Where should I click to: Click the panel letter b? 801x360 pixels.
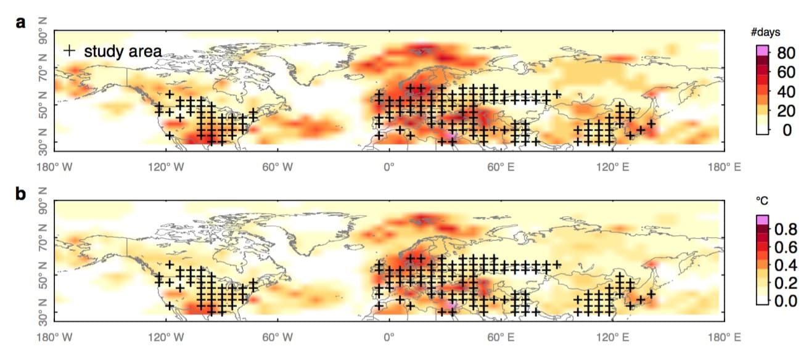tap(21, 194)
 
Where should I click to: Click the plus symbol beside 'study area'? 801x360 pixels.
tap(71, 51)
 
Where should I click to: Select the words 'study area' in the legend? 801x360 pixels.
tap(123, 51)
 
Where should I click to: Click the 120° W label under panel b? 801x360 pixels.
tap(165, 337)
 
